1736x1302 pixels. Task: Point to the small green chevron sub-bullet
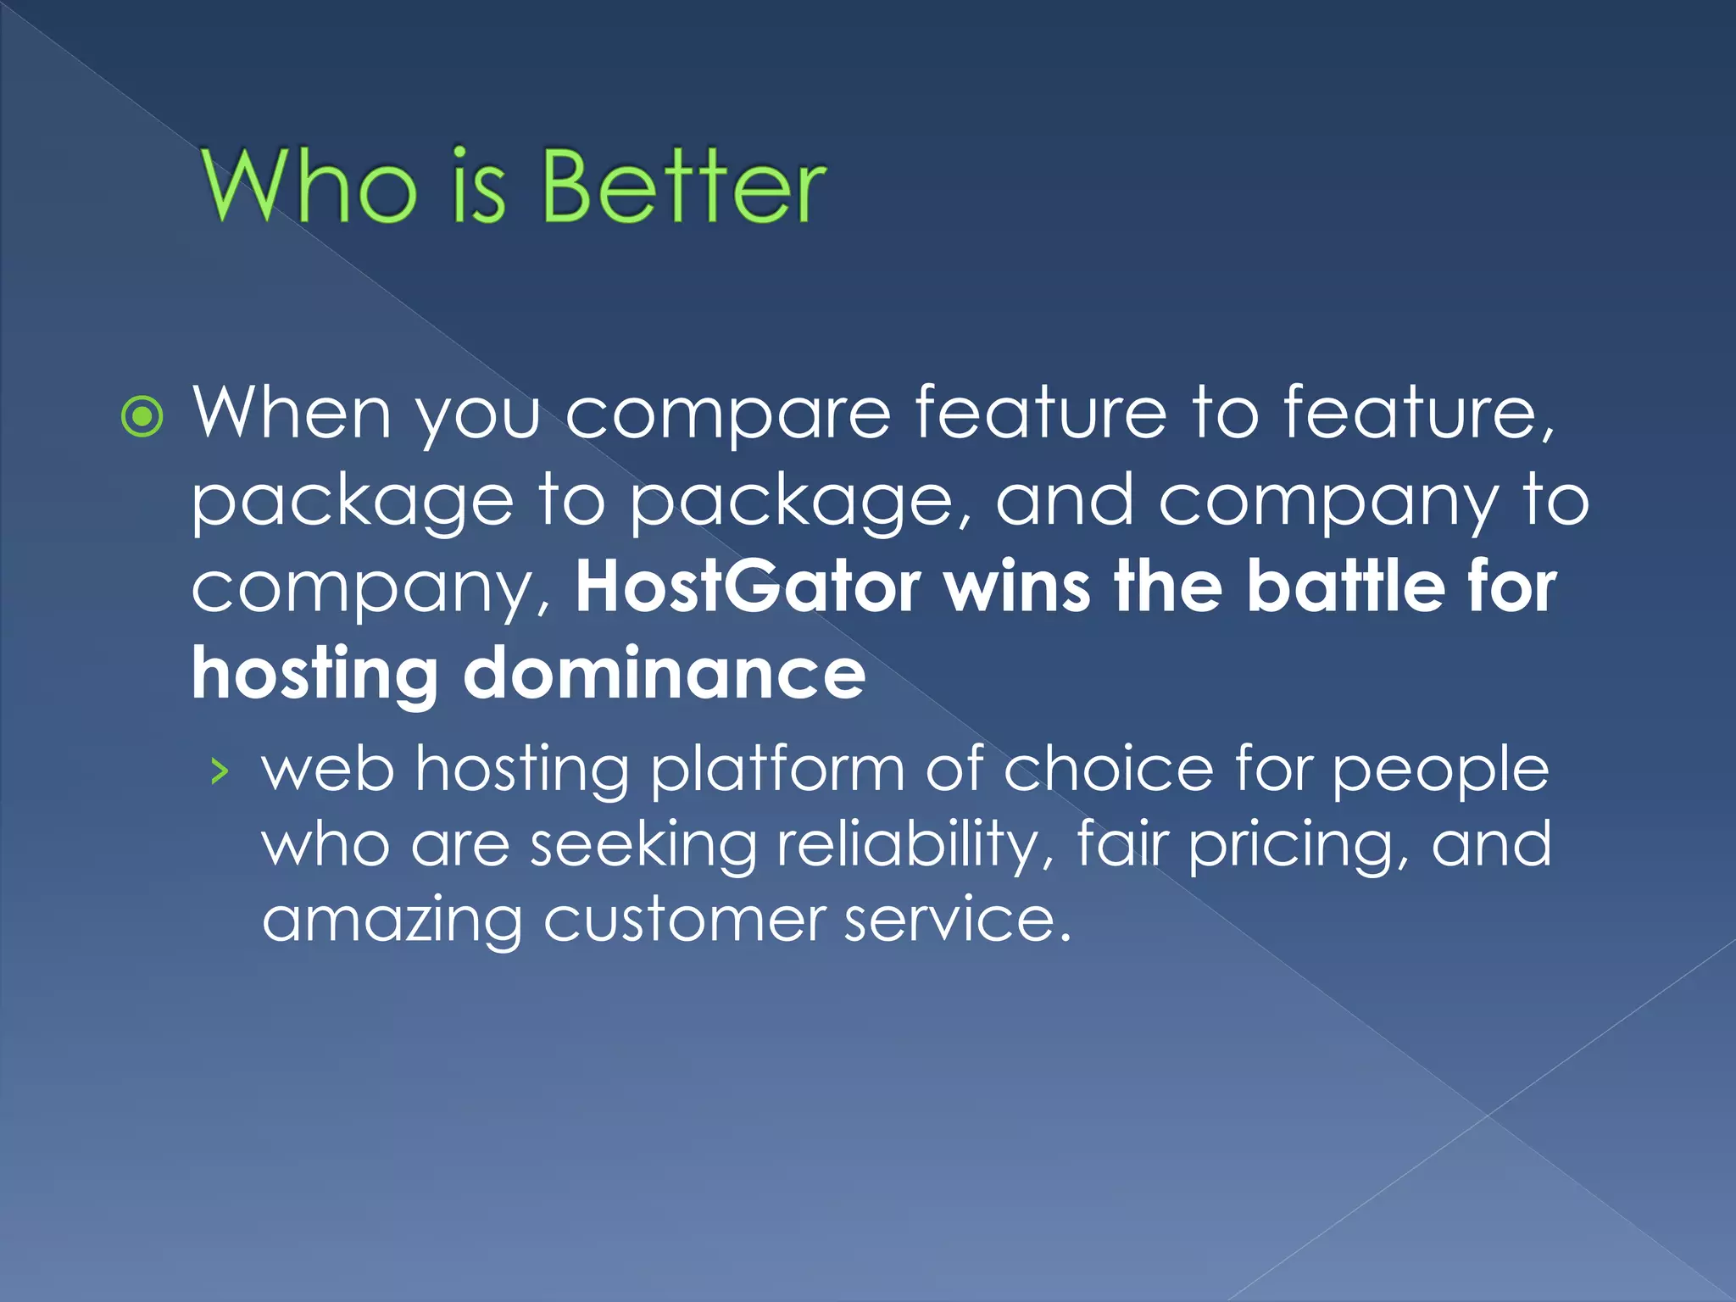click(220, 771)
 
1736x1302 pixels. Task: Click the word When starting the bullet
click(292, 413)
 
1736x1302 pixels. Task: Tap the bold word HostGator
click(748, 587)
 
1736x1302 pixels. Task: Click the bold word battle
click(1346, 587)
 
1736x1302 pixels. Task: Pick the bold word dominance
click(664, 673)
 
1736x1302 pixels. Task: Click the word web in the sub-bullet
click(328, 770)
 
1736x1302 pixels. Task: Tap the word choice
click(1109, 770)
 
